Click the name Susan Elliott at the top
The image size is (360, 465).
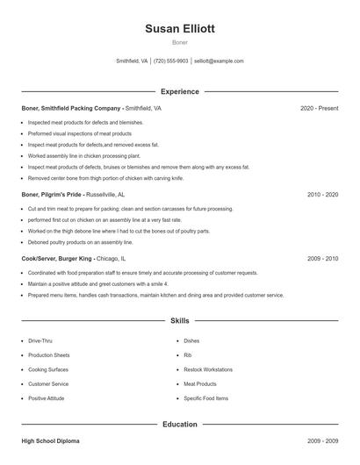179,28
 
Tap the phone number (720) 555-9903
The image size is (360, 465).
171,61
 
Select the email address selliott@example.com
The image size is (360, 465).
219,61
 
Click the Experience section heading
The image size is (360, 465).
179,91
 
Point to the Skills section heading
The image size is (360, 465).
179,321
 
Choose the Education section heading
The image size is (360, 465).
179,425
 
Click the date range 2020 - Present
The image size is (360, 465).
319,108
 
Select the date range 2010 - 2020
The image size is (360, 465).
322,194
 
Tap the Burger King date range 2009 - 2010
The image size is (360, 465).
322,259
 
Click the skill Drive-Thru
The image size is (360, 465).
40,340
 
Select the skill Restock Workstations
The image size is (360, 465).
208,369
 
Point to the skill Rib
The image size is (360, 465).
188,355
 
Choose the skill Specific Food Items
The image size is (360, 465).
205,398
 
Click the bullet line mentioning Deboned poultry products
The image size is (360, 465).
80,241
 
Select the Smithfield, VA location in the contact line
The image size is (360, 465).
132,61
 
